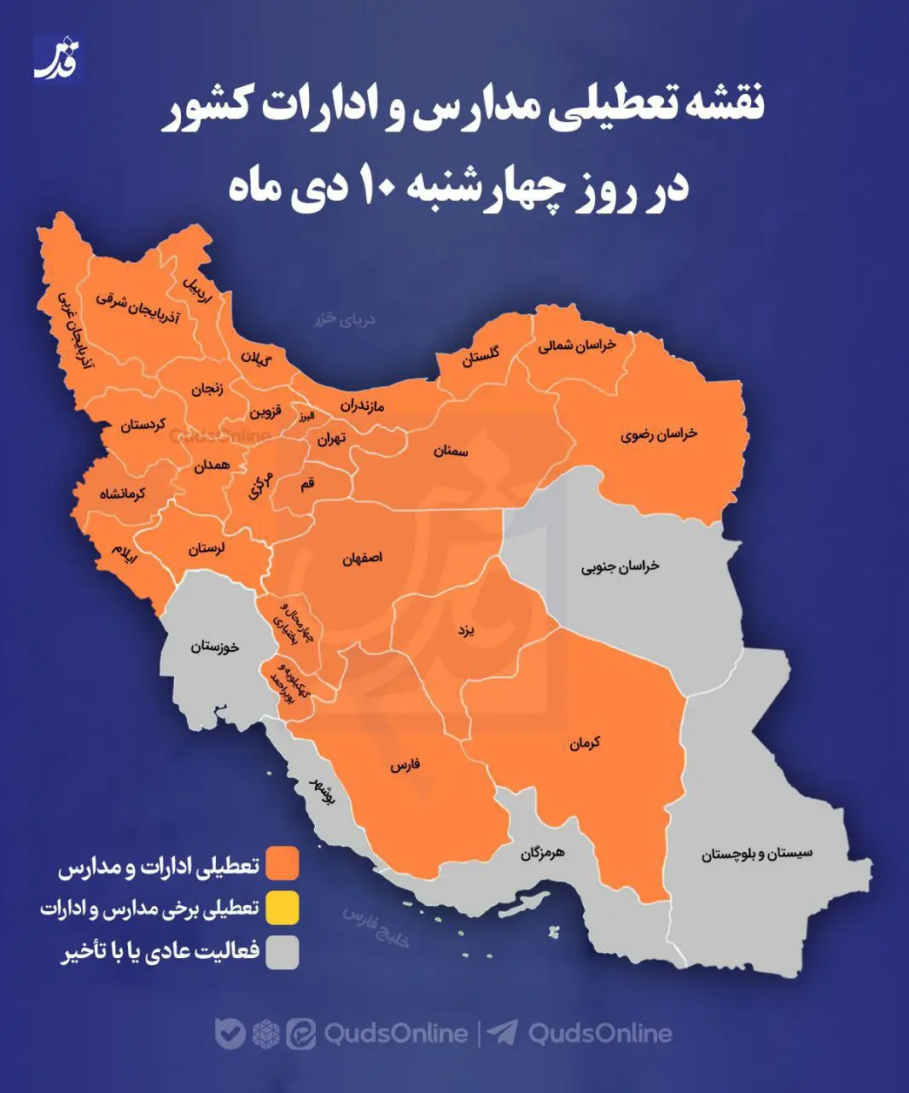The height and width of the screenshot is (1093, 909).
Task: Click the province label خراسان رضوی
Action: tap(658, 434)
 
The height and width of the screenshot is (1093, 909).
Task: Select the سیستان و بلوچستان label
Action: tap(757, 853)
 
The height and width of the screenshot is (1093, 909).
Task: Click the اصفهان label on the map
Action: tap(362, 558)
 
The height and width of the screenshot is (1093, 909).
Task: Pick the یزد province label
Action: tap(465, 630)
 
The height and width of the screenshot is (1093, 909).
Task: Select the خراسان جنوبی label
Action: tap(620, 566)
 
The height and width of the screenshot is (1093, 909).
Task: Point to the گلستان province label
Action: tap(481, 356)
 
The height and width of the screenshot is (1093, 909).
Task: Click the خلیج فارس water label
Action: tap(376, 923)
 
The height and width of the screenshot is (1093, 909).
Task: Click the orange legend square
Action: tap(282, 862)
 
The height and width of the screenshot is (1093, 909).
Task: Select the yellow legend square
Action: tap(282, 908)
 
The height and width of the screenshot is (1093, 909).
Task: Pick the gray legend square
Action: tap(282, 953)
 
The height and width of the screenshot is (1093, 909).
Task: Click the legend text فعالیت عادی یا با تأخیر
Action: tap(160, 952)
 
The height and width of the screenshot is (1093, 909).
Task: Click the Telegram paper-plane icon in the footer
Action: tap(504, 1033)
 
